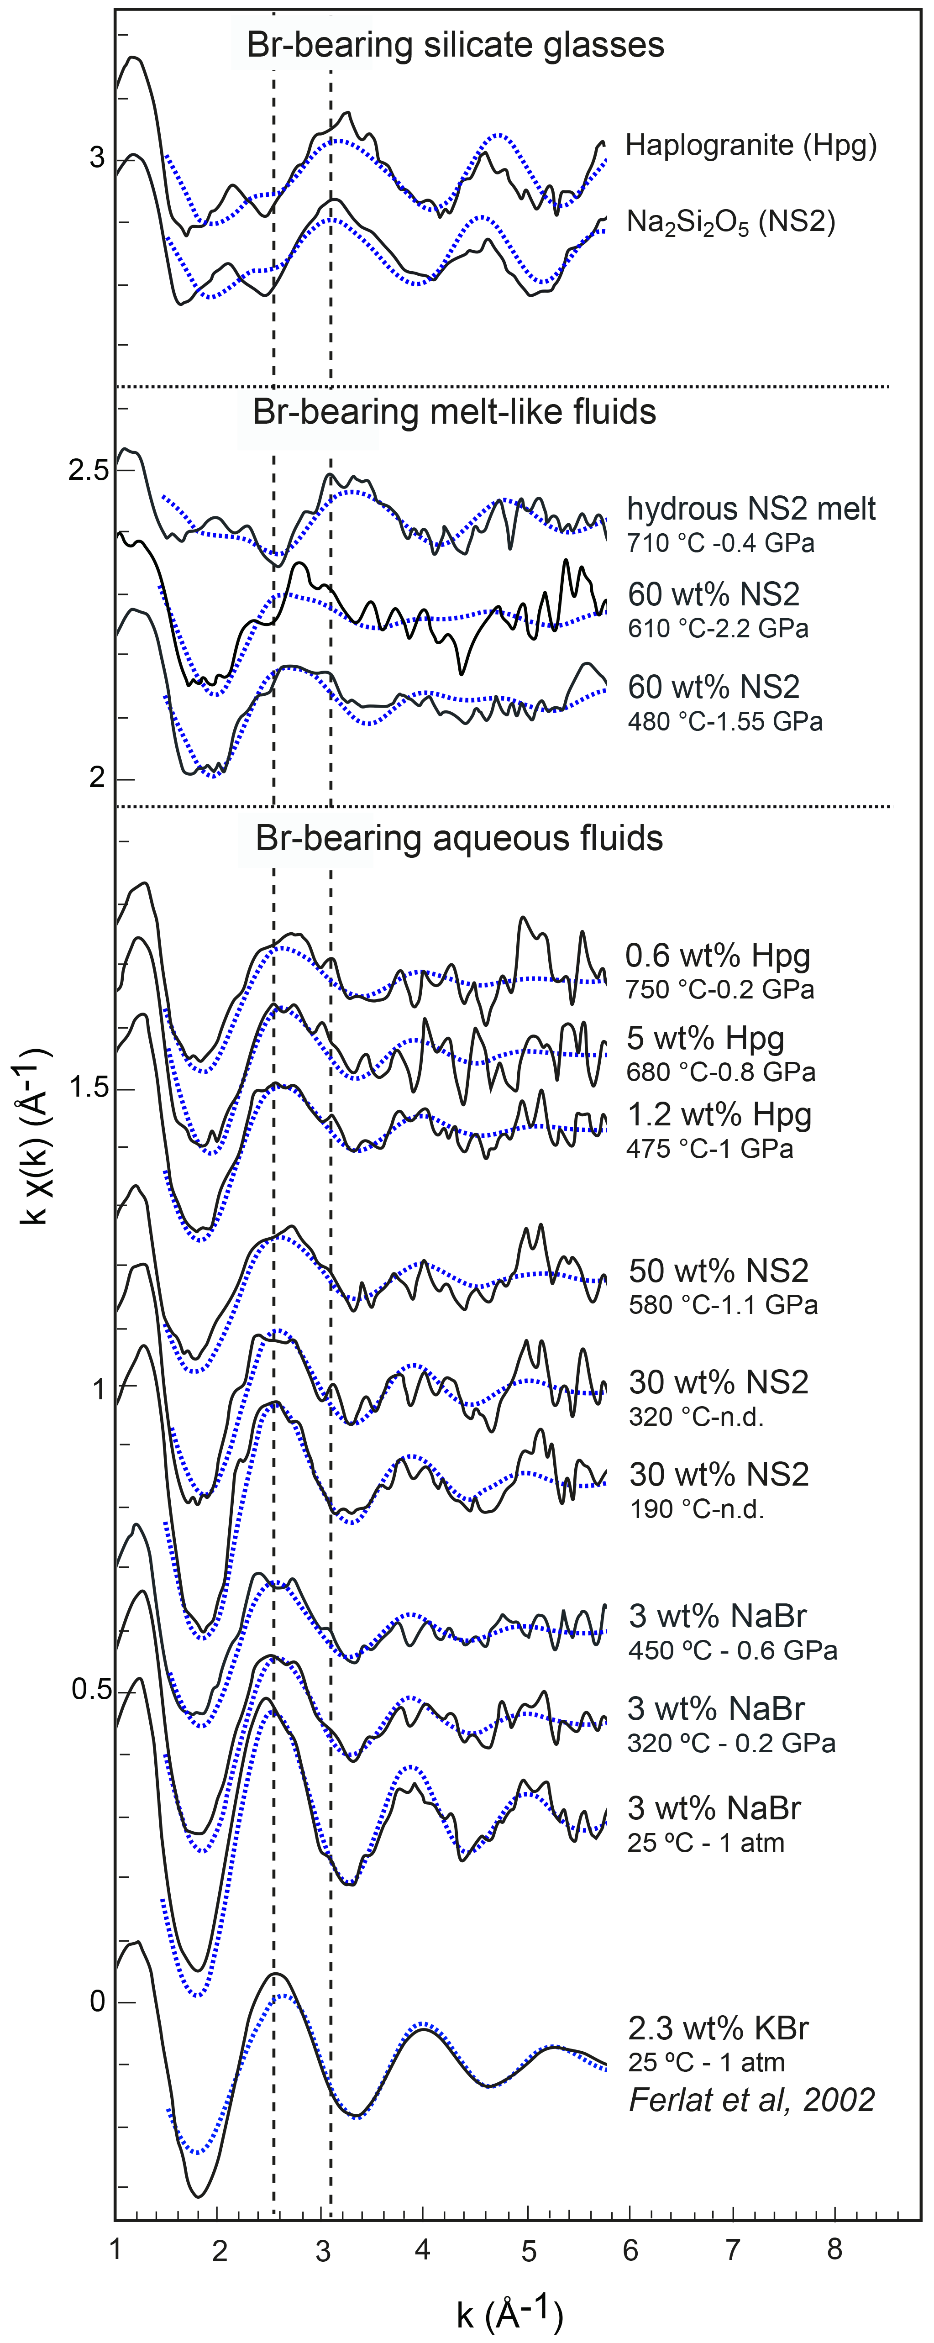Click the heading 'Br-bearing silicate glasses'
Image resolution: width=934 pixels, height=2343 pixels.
456,45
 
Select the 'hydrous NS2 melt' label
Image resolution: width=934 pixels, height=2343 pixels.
751,509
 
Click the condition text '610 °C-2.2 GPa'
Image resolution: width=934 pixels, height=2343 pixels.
718,629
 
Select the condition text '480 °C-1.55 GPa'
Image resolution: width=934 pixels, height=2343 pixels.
725,722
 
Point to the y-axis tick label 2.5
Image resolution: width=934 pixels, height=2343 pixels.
88,471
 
